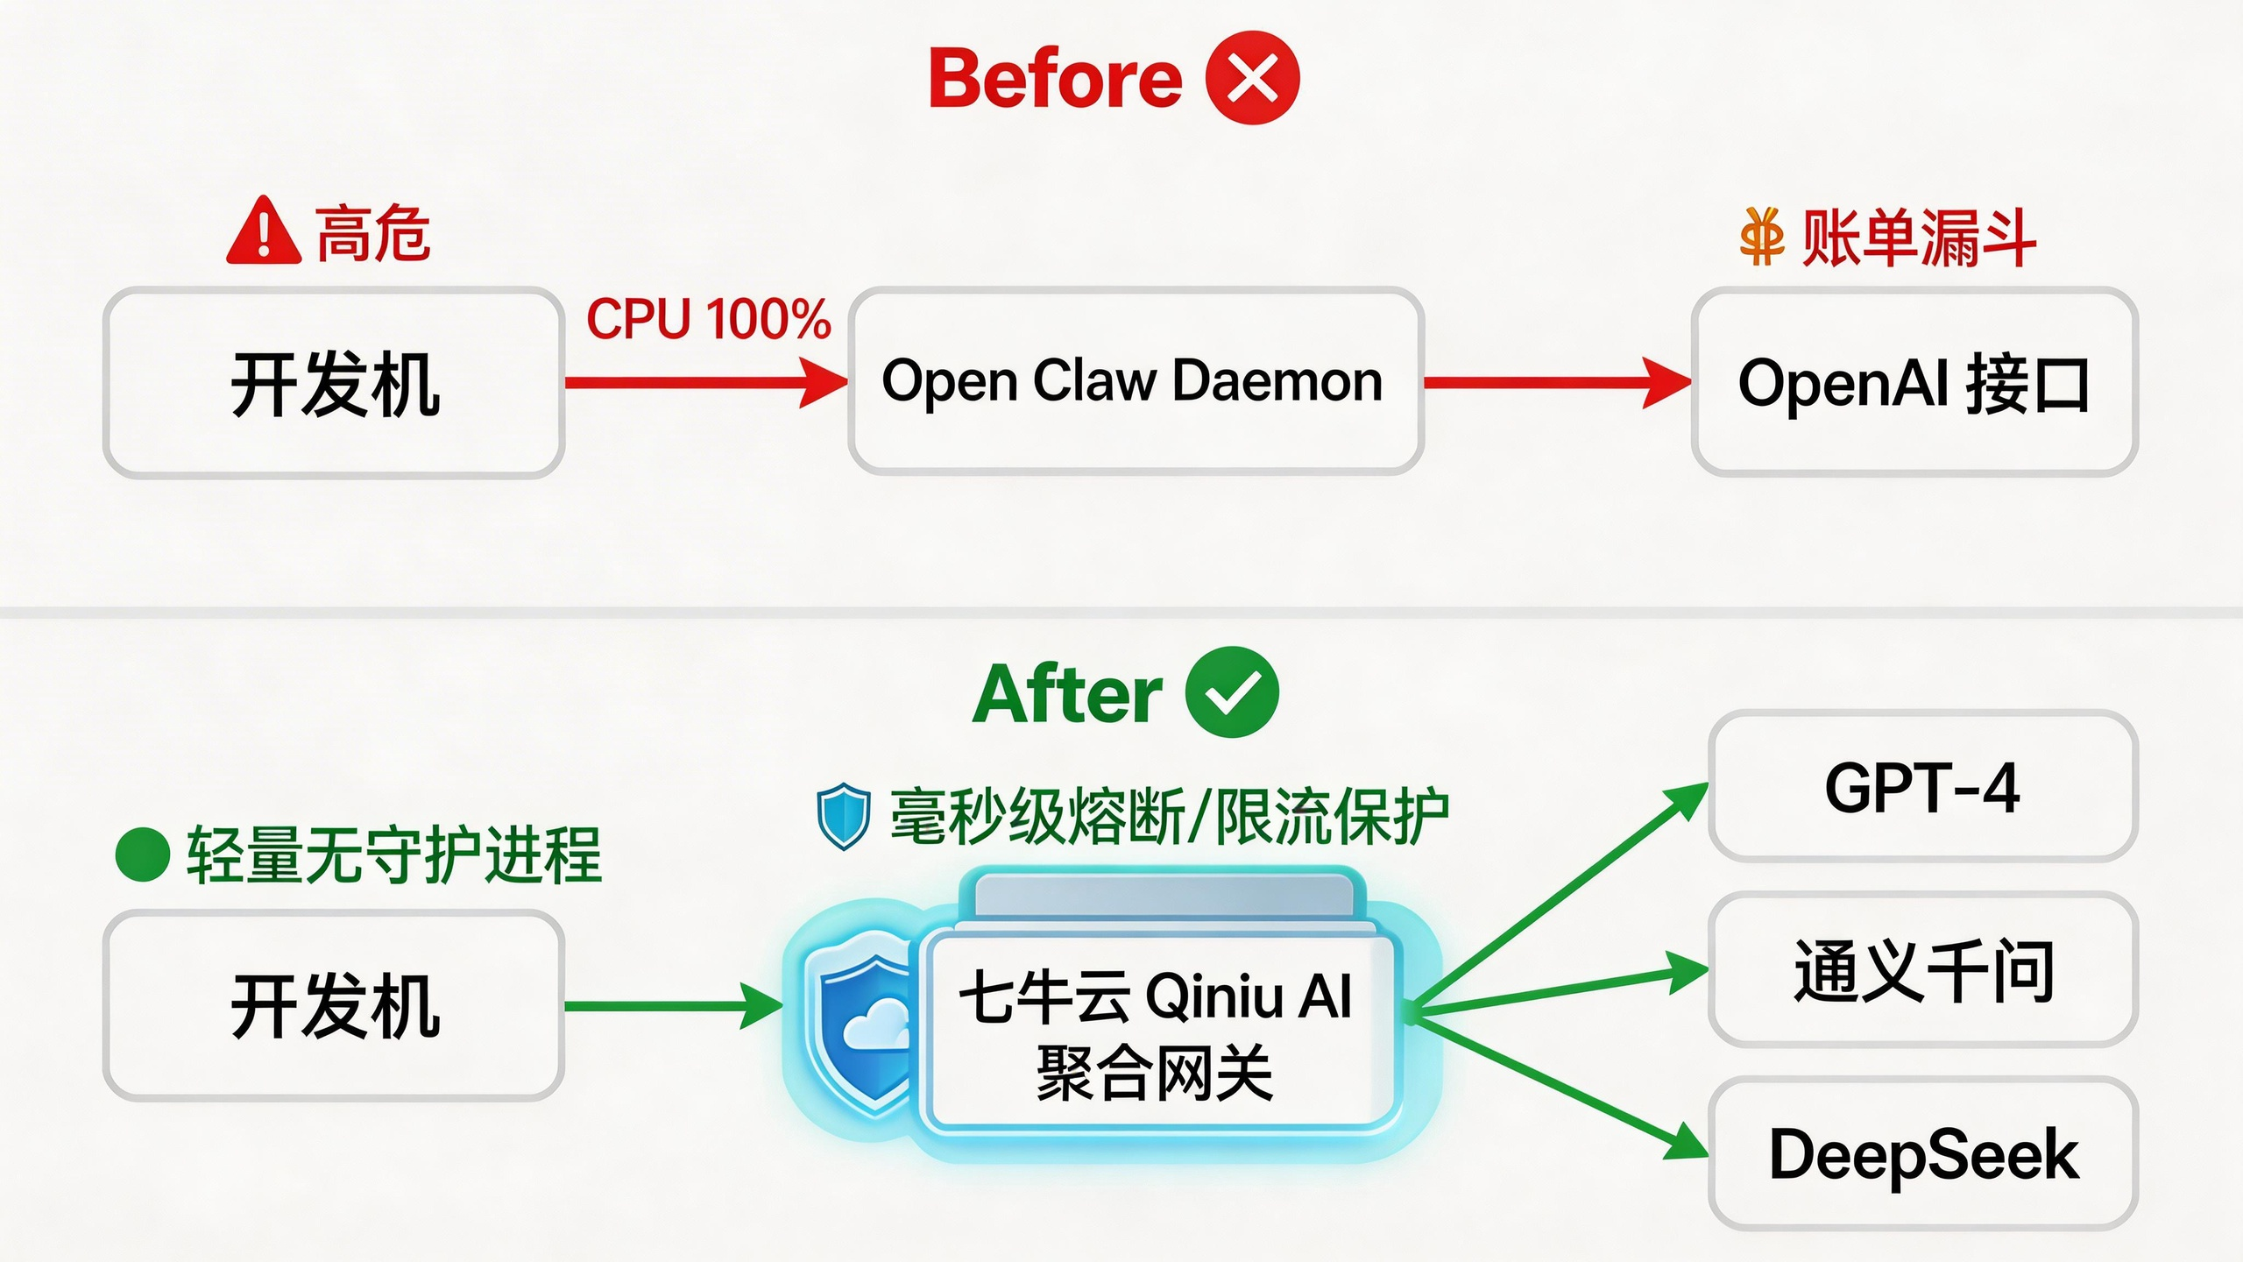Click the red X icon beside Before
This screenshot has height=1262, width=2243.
[x=1252, y=78]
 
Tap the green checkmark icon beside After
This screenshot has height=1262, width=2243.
[x=1231, y=692]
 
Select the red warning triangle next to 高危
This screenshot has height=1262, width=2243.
[x=264, y=232]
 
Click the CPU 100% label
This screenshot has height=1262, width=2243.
[x=708, y=319]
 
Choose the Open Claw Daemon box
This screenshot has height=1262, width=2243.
[x=1135, y=381]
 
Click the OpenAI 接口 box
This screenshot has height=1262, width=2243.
[x=1914, y=383]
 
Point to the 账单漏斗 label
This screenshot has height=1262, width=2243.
[x=1918, y=238]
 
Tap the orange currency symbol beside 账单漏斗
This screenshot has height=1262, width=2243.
[x=1762, y=237]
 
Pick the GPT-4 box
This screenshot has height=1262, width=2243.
[x=1922, y=787]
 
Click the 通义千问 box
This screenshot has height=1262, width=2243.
[x=1922, y=969]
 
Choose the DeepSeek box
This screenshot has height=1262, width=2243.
[x=1922, y=1153]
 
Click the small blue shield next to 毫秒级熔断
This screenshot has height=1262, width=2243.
[x=843, y=816]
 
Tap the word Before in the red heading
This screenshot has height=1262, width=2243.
[x=1056, y=79]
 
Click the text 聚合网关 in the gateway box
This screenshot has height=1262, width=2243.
[x=1154, y=1073]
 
